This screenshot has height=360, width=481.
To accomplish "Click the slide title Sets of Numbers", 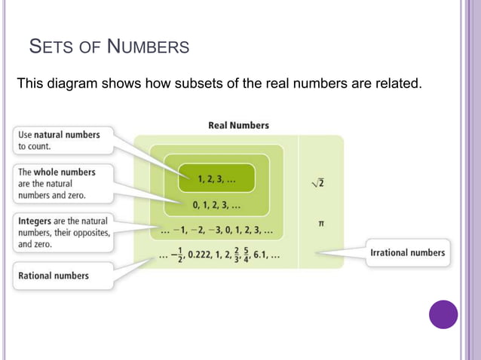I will [109, 48].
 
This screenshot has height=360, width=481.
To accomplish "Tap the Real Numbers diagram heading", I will [238, 125].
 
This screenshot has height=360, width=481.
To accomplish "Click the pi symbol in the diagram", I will [322, 224].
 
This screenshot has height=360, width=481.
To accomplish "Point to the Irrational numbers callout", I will [407, 253].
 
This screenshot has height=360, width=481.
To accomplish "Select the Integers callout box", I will [62, 232].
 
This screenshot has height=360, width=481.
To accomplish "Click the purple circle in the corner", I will [443, 314].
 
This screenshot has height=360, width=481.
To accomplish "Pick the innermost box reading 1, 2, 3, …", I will [216, 178].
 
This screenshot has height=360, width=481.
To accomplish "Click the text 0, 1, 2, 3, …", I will [216, 205].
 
